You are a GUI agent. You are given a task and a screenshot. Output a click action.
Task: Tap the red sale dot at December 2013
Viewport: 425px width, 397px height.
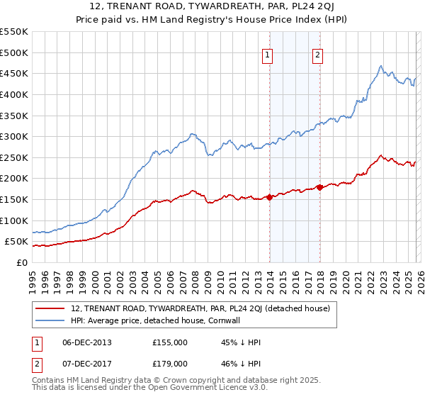point(269,197)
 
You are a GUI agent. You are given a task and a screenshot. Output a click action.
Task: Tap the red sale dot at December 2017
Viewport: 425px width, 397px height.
point(319,187)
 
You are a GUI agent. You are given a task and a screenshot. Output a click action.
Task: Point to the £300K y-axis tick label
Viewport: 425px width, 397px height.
point(13,136)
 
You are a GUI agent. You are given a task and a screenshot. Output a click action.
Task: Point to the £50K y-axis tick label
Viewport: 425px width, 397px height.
point(16,242)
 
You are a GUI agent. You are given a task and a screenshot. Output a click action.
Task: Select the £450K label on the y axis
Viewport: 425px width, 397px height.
point(13,73)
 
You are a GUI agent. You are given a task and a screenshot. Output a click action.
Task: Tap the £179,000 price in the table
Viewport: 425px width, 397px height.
point(169,363)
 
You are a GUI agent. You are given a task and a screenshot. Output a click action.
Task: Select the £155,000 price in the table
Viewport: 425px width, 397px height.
point(169,342)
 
